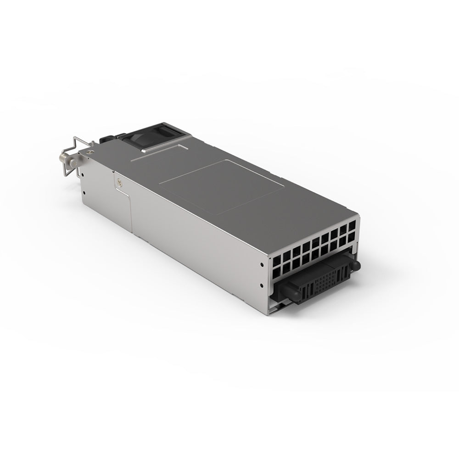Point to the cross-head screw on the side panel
click(120, 182)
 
